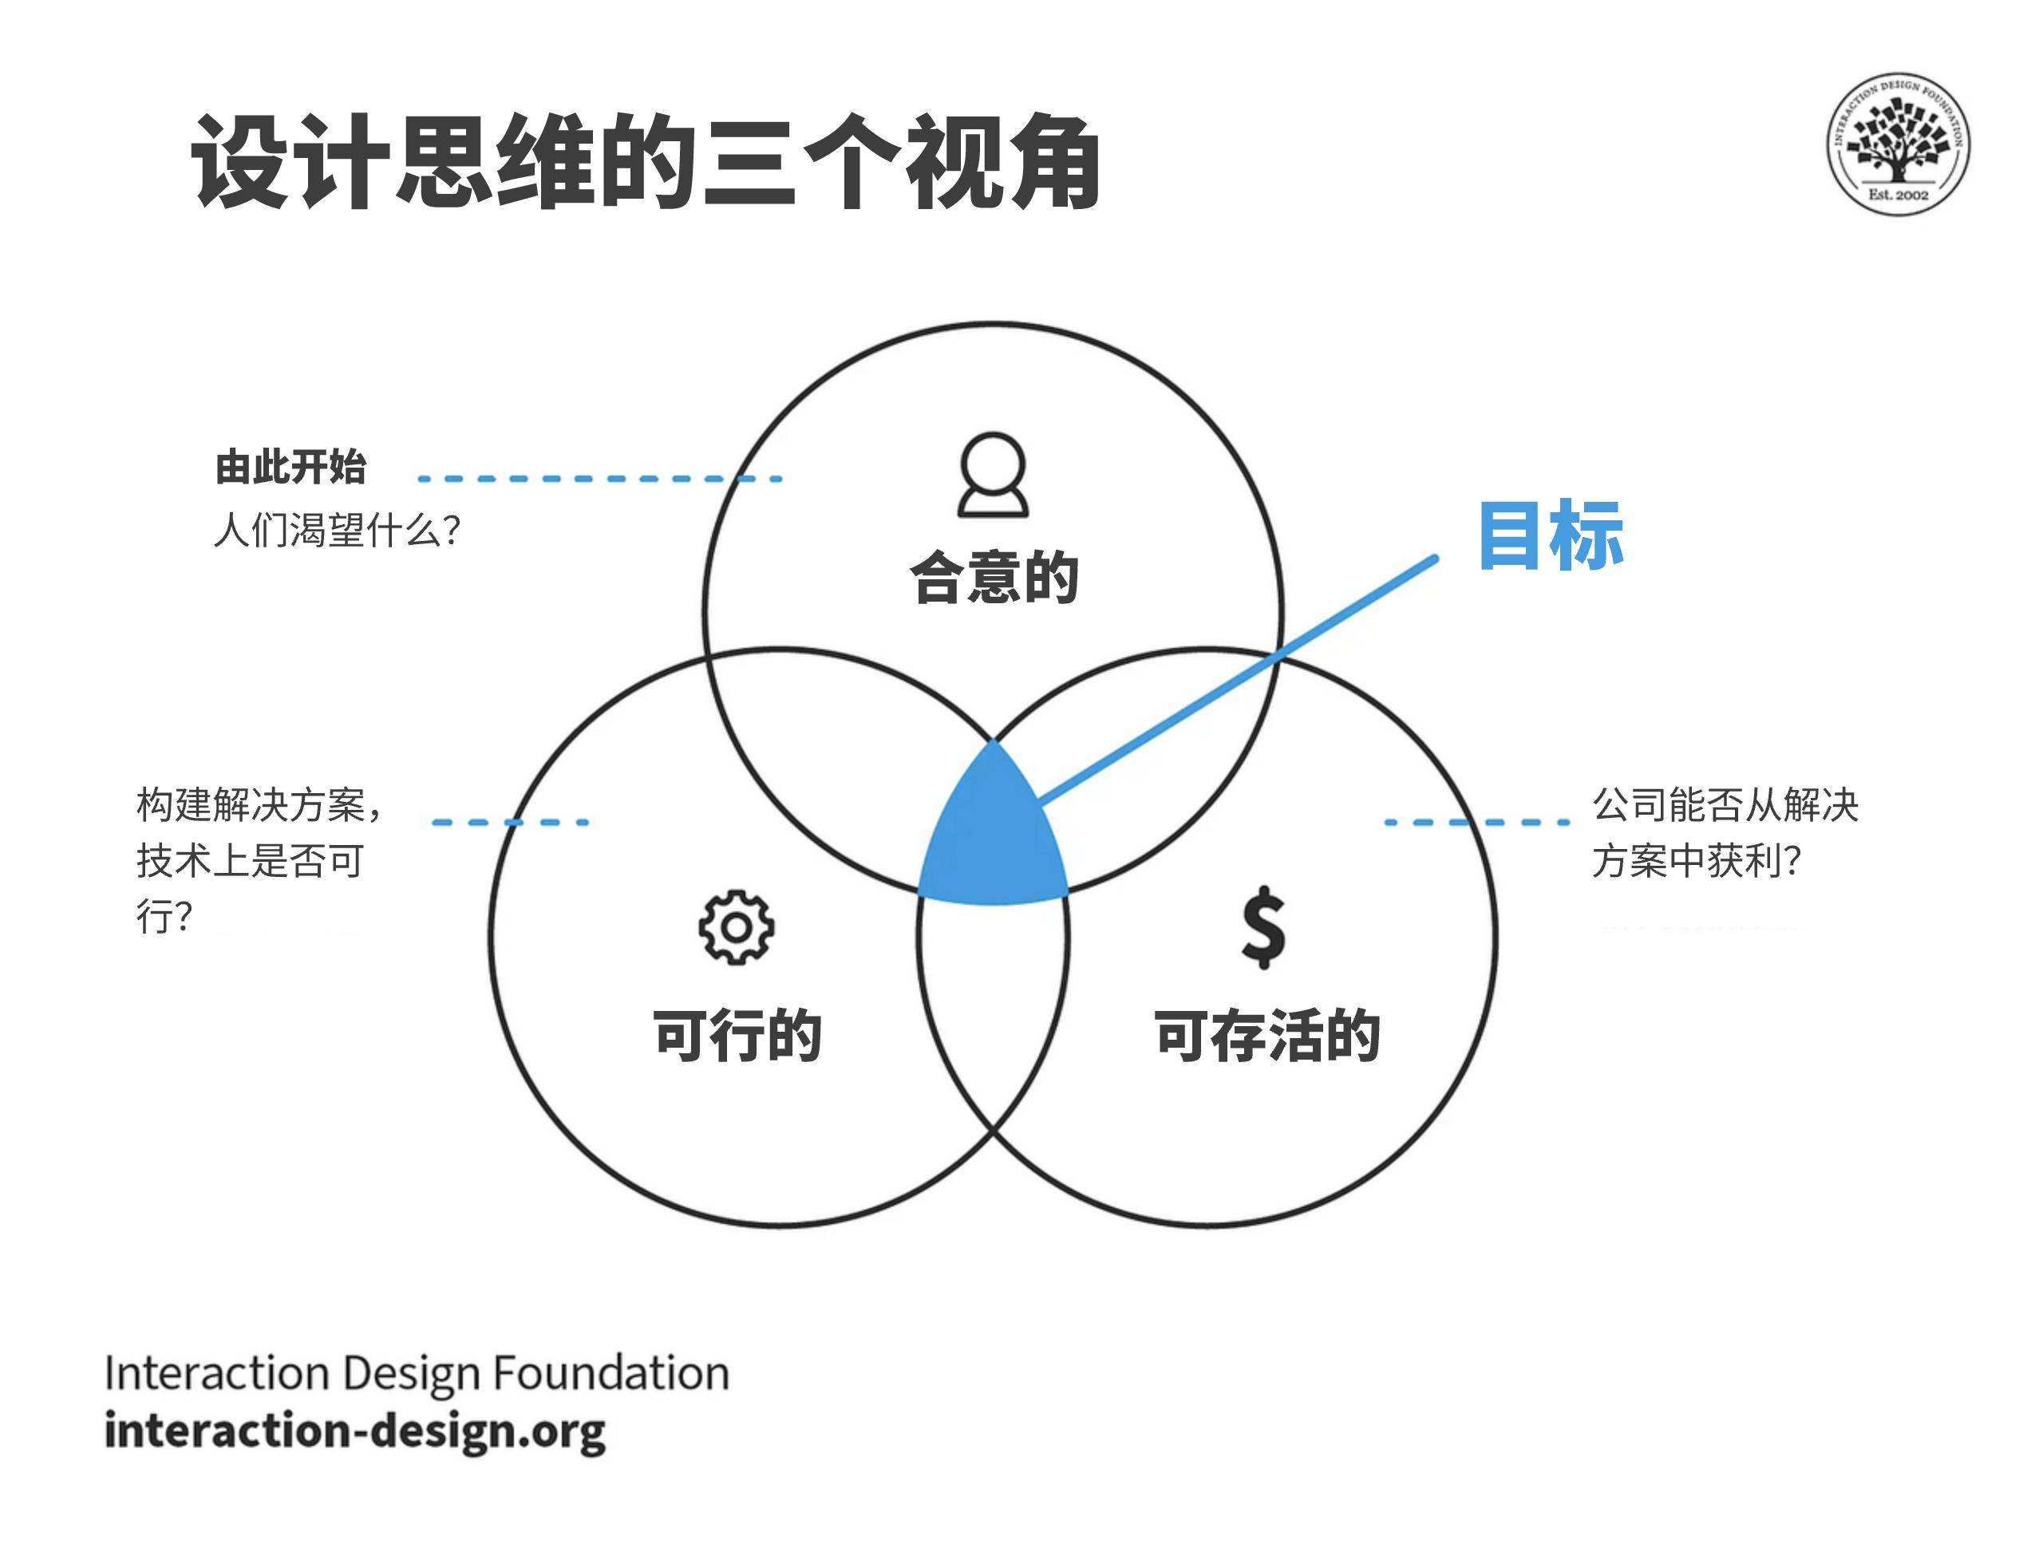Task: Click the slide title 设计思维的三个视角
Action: pos(645,163)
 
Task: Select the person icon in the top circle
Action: pos(993,475)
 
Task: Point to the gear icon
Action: pos(736,927)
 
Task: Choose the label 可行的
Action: pos(737,1036)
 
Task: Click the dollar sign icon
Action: pos(1263,927)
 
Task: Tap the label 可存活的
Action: pos(1267,1036)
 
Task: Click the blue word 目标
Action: pos(1551,535)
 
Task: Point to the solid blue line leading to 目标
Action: pos(1238,680)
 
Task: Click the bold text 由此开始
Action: pos(291,468)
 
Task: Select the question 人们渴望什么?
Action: pos(337,530)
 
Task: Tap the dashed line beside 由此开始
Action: pos(599,479)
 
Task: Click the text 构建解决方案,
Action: pos(259,804)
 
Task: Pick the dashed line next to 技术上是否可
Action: pos(510,822)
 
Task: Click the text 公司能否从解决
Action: pos(1725,804)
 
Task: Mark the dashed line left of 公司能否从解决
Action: pos(1476,822)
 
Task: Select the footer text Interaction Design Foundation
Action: pos(417,1372)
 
